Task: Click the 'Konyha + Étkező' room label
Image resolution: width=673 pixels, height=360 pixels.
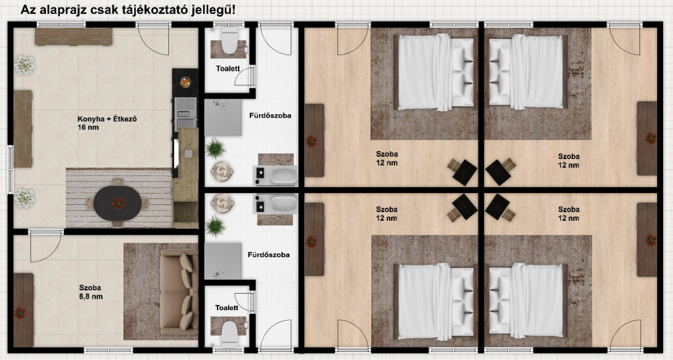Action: (107, 123)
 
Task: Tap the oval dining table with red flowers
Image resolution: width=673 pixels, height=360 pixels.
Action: (118, 204)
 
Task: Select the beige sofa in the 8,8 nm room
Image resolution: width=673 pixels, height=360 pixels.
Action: (179, 292)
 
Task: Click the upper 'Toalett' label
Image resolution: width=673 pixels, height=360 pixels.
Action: (228, 69)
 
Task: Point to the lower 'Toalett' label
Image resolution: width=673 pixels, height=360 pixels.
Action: (227, 307)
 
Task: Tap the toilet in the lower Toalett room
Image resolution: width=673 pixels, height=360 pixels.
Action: (229, 332)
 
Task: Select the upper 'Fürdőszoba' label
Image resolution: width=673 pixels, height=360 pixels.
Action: (270, 116)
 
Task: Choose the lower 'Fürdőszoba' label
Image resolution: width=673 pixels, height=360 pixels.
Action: (269, 254)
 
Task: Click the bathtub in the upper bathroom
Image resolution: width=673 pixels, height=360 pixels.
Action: (284, 176)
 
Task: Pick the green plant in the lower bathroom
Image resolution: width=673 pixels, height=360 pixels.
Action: (216, 226)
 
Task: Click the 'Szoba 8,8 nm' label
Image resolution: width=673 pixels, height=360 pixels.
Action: (91, 292)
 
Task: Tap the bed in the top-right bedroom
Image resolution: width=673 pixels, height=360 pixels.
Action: (526, 72)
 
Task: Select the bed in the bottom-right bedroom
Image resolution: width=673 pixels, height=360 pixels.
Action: (526, 300)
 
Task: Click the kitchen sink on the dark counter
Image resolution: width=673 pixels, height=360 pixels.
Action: (185, 108)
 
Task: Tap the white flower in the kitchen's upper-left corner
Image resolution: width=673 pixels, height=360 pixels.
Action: (24, 65)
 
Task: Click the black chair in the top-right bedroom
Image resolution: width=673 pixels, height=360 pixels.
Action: (498, 172)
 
